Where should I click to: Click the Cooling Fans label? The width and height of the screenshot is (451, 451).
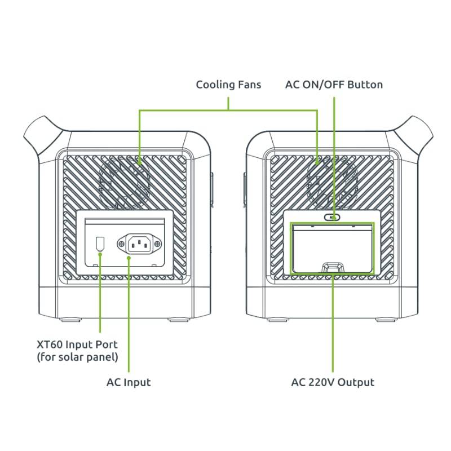[228, 85]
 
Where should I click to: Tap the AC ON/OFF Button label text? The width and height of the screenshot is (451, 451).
[334, 85]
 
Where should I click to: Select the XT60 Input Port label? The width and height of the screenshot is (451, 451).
[77, 351]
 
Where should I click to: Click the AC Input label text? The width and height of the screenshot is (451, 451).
[129, 382]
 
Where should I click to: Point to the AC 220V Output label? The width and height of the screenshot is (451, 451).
[333, 382]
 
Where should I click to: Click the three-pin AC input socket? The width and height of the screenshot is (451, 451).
[139, 244]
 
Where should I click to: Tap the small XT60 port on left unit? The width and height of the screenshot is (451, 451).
[100, 244]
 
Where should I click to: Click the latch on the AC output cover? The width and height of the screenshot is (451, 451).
[332, 267]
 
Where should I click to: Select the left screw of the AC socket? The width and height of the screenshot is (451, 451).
[121, 244]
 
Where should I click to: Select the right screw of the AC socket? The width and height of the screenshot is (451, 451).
[157, 244]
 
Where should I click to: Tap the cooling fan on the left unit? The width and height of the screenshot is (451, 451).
[124, 182]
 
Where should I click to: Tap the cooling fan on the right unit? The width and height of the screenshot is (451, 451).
[332, 182]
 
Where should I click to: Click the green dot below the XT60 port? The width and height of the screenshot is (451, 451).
[100, 254]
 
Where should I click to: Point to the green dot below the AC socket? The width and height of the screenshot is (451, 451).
[129, 258]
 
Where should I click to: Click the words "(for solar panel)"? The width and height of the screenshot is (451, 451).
[77, 357]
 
